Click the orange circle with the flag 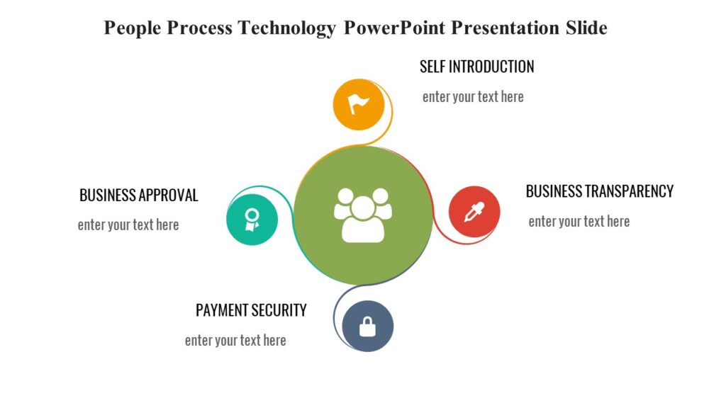coord(359,105)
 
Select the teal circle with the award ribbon coord(252,220)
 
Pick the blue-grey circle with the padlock coord(367,326)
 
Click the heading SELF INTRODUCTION coord(476,67)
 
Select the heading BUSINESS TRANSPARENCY coord(599,191)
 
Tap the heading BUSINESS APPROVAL coord(139,195)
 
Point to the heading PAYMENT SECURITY coord(251,310)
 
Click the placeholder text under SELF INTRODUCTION coord(473,97)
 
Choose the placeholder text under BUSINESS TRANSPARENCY coord(579,222)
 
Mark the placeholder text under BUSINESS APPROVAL coord(128,225)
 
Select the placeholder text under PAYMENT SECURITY coord(235,341)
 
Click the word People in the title coord(132,28)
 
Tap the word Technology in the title coord(286,28)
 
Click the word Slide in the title coord(586,28)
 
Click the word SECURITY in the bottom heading coord(279,310)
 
